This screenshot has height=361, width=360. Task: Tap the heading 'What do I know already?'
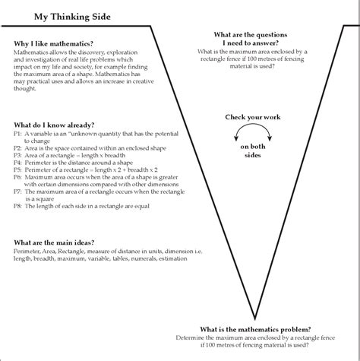coord(54,124)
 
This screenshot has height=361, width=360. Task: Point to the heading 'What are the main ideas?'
coord(54,242)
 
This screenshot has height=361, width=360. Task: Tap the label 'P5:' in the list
coord(18,171)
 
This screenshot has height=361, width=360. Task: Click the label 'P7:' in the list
coord(18,193)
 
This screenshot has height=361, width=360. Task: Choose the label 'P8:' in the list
coord(18,208)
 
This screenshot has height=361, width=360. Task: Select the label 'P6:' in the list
coord(18,179)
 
